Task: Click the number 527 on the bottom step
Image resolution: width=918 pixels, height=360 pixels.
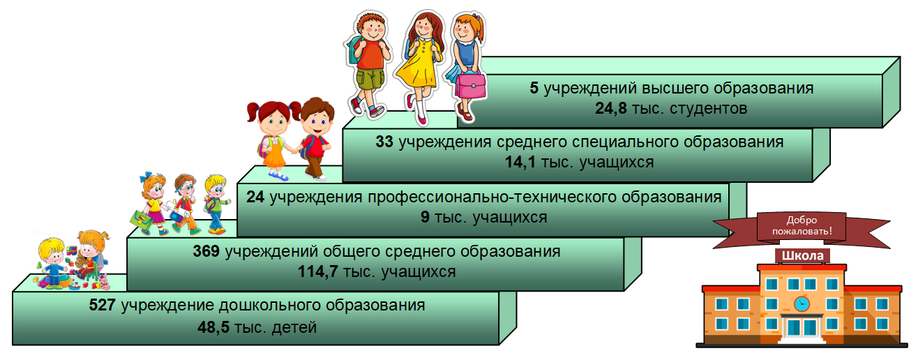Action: tap(102, 305)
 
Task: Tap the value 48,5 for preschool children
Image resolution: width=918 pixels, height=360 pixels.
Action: tap(213, 327)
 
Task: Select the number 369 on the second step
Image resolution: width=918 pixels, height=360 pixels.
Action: tap(206, 251)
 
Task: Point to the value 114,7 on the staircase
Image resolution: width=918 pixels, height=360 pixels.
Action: tap(317, 271)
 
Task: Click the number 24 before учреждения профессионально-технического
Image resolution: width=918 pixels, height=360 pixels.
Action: tap(255, 197)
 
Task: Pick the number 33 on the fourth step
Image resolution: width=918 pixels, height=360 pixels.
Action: tap(384, 142)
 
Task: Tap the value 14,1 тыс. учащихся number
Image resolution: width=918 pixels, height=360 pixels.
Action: tap(520, 162)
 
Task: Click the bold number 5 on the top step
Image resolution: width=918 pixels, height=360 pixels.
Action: tap(534, 88)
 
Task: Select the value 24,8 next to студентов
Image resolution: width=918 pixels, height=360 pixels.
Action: tap(610, 108)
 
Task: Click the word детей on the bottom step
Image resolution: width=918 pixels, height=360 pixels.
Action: tap(294, 328)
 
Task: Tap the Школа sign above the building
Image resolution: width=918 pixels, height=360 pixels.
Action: tap(802, 255)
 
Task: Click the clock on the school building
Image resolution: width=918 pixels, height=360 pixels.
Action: tap(802, 304)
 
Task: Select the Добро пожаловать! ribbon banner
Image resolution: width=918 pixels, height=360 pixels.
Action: tap(802, 230)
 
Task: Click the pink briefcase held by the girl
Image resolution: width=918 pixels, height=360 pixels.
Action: tap(469, 85)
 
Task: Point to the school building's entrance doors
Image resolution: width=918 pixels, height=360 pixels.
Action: tap(802, 327)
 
